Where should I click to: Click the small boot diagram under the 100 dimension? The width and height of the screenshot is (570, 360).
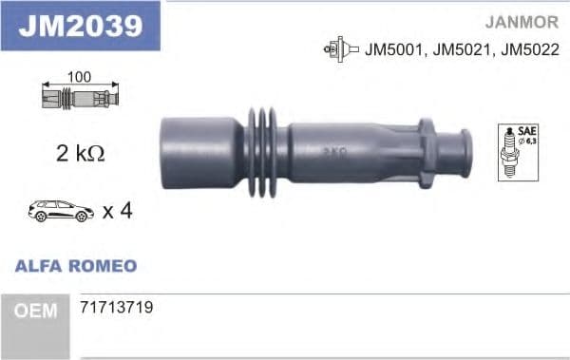tap(80, 96)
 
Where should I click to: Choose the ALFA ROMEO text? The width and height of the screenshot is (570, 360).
tap(76, 266)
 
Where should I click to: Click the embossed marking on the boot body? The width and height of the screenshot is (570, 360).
tap(333, 150)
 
